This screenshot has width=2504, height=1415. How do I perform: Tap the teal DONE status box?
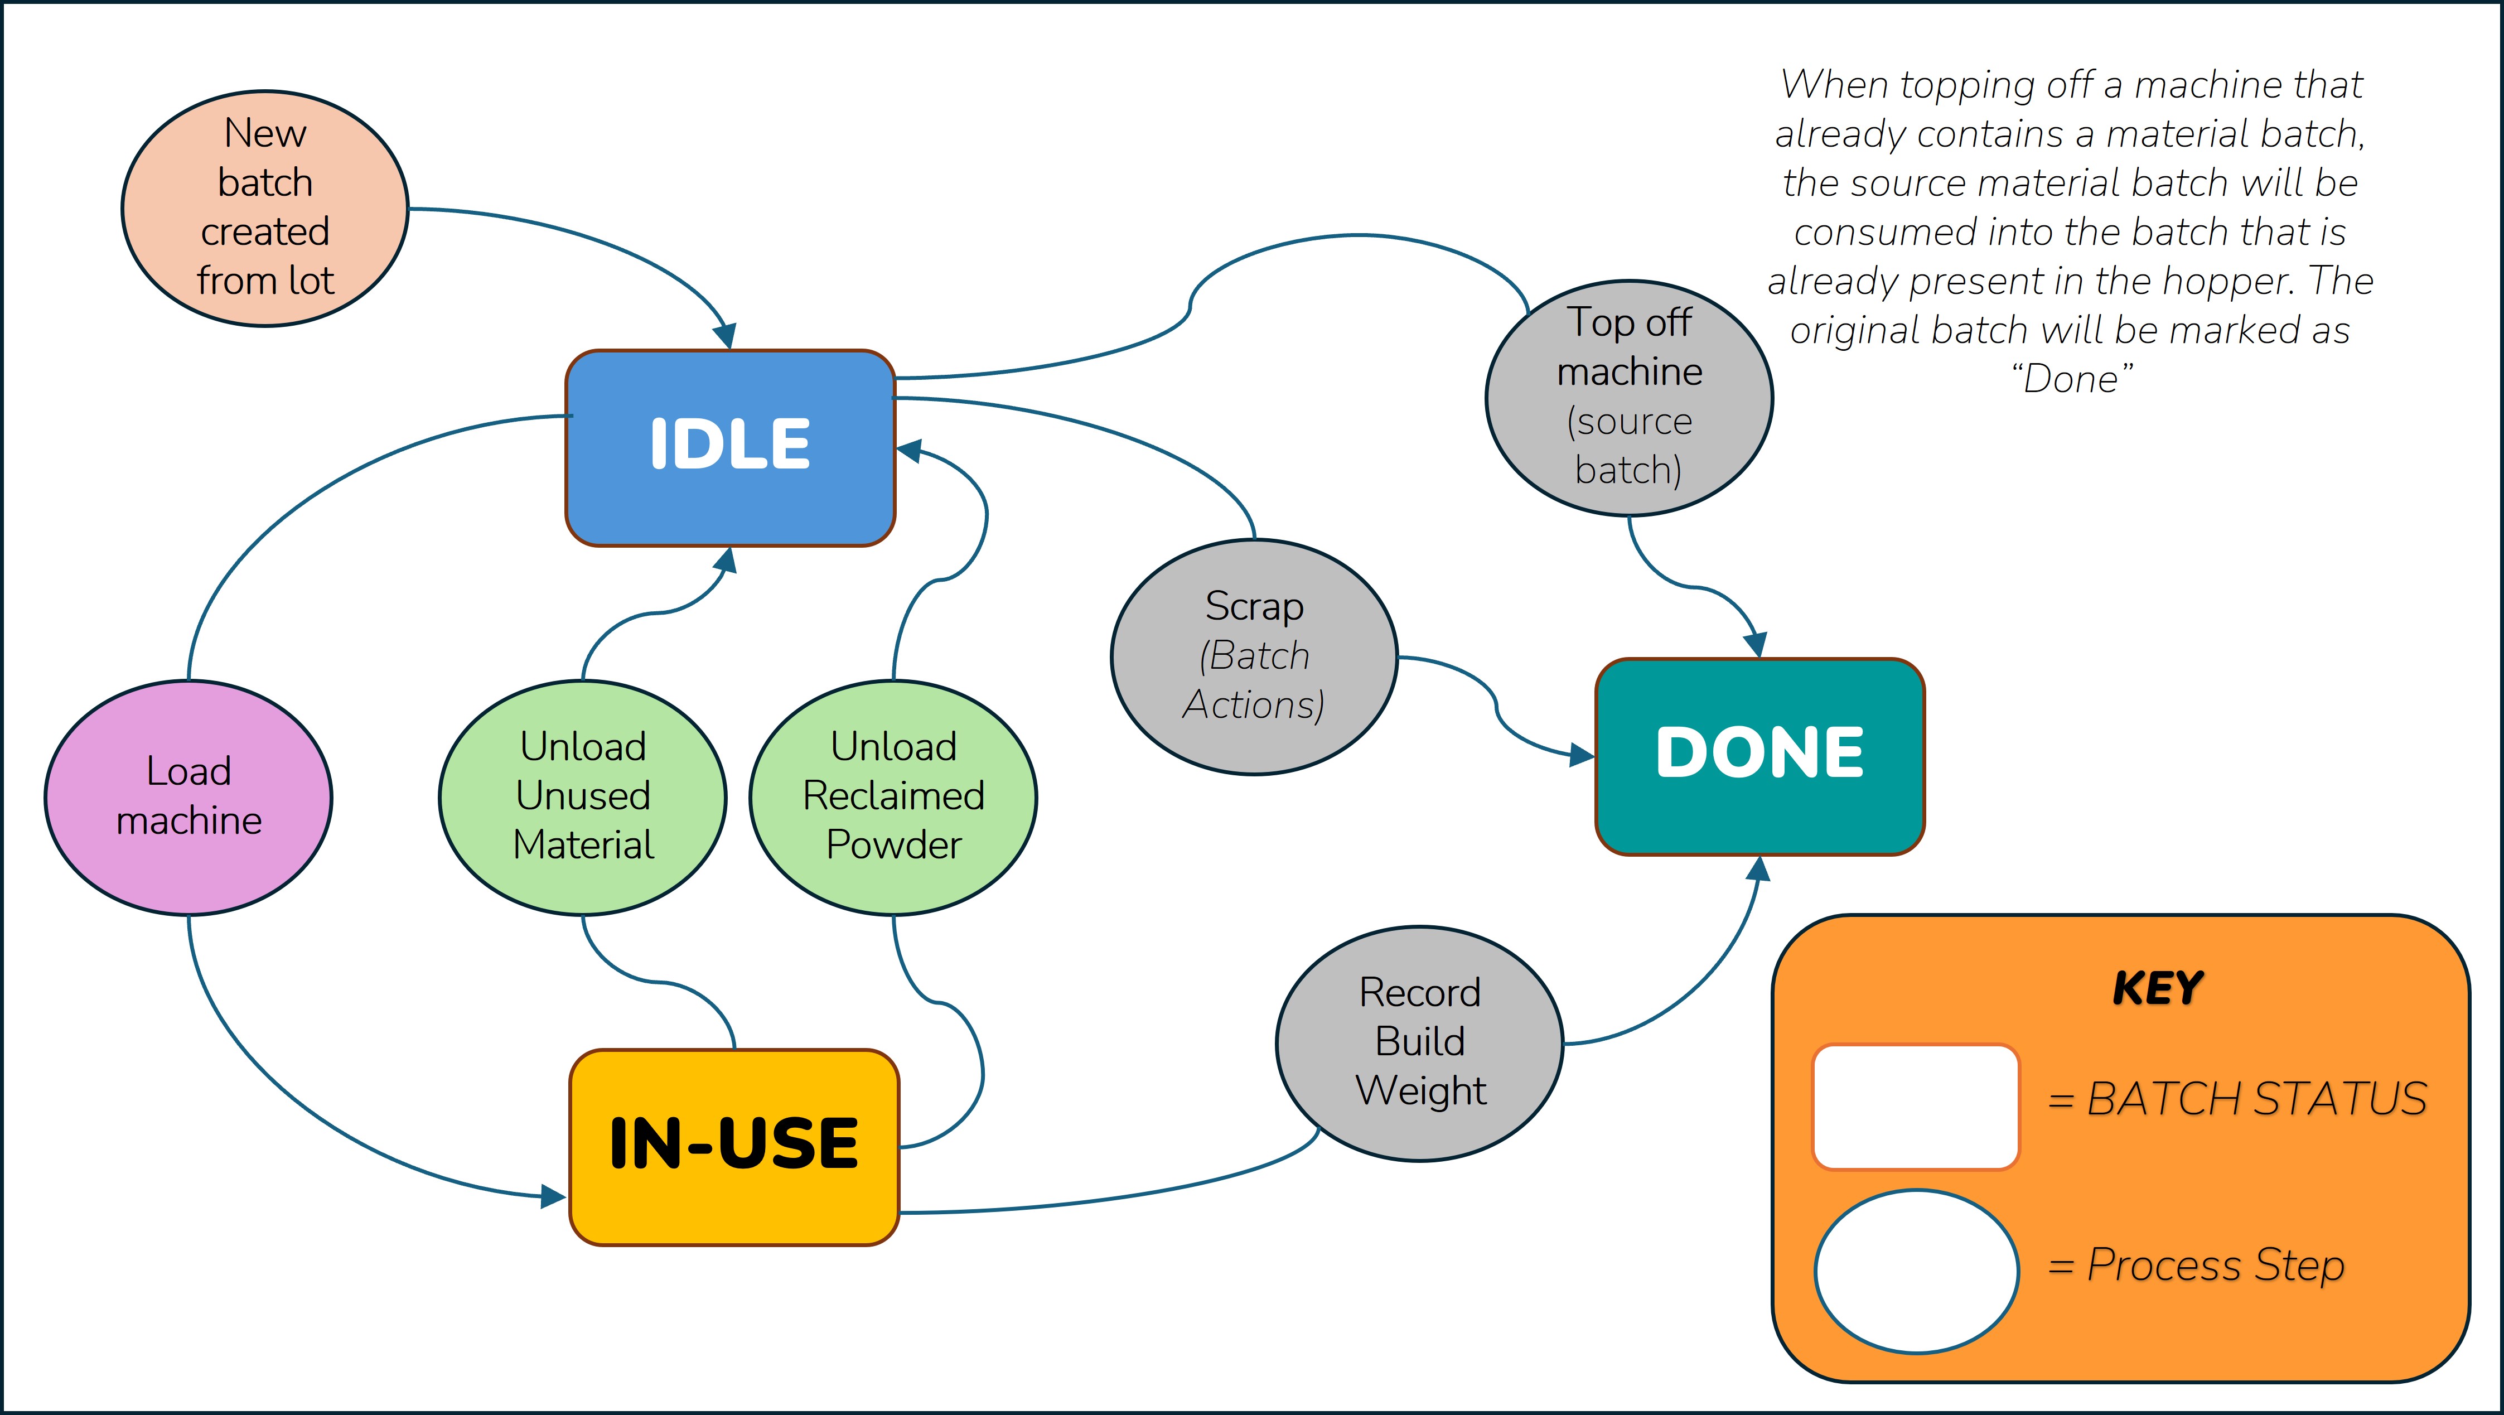pos(1759,756)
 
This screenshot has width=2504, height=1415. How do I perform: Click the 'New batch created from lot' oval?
pos(264,208)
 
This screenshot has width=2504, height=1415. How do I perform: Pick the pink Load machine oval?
pos(188,797)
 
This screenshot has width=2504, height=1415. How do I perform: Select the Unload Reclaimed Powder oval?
pos(893,797)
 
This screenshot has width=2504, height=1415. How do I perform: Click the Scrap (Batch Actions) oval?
pos(1254,657)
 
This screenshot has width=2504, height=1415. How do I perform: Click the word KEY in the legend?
pos(2157,988)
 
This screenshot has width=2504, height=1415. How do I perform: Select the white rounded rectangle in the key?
pos(1916,1106)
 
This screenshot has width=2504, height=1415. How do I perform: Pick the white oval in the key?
pos(1916,1270)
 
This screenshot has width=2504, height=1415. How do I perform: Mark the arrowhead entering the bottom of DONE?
pos(1757,869)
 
